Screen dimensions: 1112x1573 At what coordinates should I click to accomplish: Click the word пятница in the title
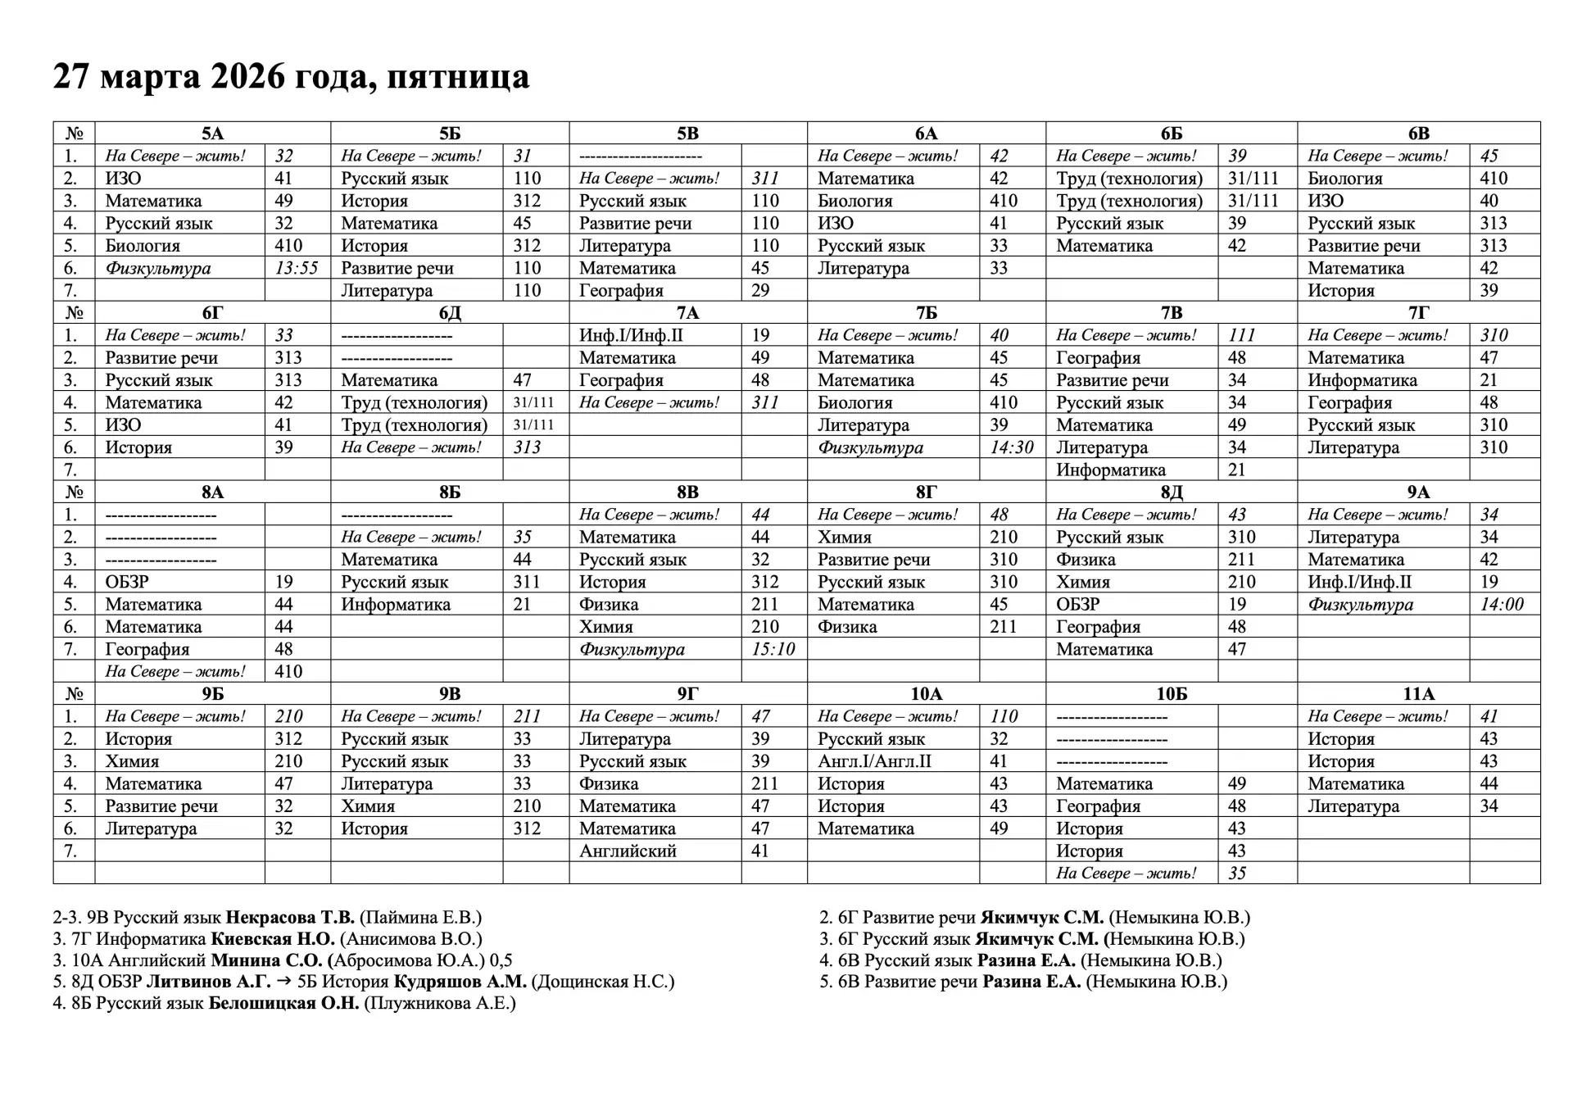coord(458,77)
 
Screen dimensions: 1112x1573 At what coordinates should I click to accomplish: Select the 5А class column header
coord(212,134)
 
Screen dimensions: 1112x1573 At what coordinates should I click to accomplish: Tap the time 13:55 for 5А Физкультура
coord(297,268)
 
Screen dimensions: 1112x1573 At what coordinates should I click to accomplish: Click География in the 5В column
coord(621,290)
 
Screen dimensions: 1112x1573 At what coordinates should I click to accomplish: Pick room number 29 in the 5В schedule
coord(760,290)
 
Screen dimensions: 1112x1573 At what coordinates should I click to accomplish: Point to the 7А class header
coord(687,313)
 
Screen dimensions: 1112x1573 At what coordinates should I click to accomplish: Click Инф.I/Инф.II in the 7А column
coord(631,335)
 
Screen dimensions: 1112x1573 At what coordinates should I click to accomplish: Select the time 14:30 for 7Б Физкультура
coord(1012,447)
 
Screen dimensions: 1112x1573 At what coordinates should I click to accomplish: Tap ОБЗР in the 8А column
coord(127,582)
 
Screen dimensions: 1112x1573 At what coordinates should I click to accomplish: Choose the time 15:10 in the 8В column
coord(773,649)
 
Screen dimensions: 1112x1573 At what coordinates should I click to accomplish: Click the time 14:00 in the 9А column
coord(1502,605)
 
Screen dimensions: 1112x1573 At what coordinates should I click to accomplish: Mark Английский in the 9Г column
coord(628,851)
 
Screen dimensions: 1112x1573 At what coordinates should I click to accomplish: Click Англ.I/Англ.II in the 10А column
coord(874,761)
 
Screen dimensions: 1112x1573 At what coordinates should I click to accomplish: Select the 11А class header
coord(1418,694)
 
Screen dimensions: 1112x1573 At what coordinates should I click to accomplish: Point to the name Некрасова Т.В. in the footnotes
coord(290,918)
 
